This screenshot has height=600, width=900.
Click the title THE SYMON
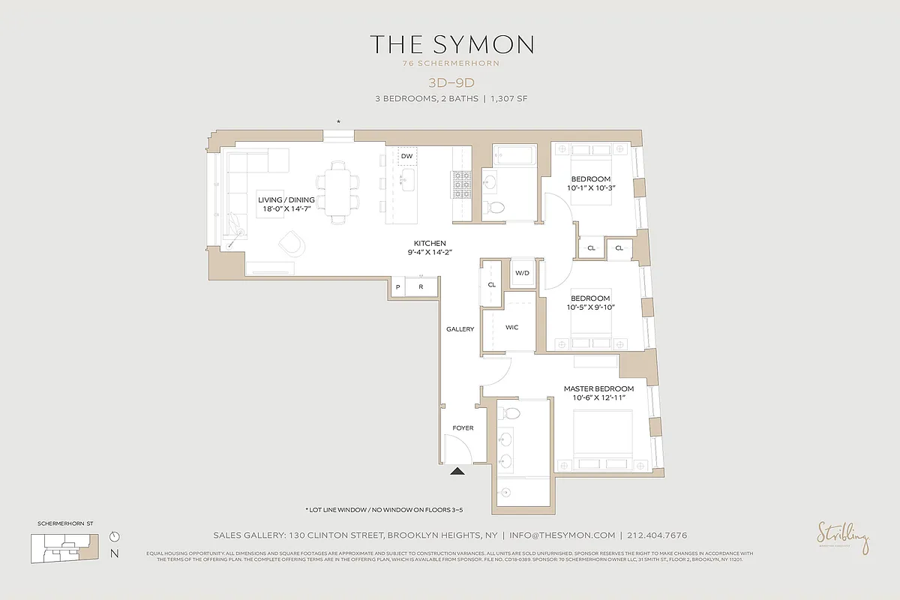coord(451,44)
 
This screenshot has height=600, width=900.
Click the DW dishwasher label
coord(407,156)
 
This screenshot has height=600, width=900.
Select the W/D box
coord(522,273)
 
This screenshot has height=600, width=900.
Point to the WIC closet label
coord(512,328)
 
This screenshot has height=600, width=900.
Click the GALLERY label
coord(460,329)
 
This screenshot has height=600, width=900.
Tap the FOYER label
coord(463,428)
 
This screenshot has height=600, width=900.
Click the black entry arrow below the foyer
coord(457,471)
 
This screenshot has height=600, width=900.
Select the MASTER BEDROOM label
coord(598,388)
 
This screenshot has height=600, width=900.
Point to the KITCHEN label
coord(430,243)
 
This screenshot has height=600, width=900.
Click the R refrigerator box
coord(421,287)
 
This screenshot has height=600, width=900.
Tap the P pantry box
coord(397,287)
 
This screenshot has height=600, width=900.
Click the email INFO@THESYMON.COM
coord(562,535)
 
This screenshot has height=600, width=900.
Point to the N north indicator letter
coord(114,554)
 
